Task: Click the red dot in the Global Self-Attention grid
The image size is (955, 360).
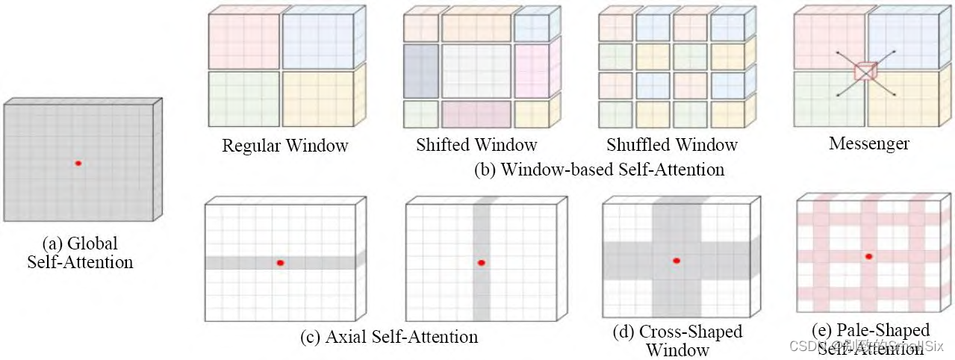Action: coord(78,163)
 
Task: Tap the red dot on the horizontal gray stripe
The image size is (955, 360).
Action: coord(280,263)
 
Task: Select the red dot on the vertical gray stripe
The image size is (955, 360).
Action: coord(482,262)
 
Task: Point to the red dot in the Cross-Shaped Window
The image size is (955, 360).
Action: coord(676,261)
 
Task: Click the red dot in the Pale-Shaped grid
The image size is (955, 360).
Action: coord(868,256)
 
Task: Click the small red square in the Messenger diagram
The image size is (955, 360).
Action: coord(864,72)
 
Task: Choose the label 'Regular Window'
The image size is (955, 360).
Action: coord(284,145)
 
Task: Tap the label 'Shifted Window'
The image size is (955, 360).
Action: coord(476,144)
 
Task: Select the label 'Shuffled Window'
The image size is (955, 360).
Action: coord(671,144)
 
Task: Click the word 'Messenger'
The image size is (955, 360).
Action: coord(868,143)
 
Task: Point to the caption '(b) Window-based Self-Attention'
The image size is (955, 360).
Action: coord(599,170)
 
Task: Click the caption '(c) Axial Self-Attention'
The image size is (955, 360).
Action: coord(389,337)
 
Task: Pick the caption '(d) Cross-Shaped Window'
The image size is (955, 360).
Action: coord(678,339)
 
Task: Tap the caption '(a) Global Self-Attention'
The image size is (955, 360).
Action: coord(80,252)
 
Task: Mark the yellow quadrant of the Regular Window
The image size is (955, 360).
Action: coord(317,99)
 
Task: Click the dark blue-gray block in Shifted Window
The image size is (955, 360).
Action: coord(421,72)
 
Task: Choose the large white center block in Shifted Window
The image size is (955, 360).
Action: coord(476,72)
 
